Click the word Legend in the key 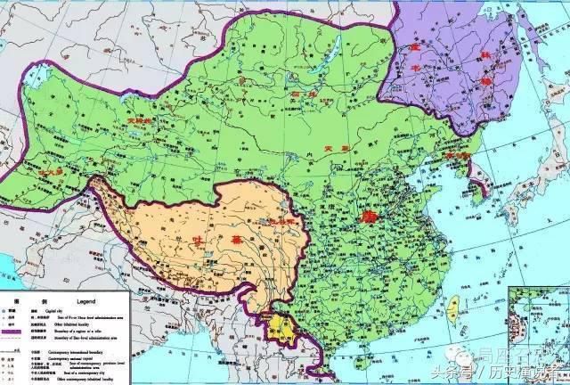tap(80, 300)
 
